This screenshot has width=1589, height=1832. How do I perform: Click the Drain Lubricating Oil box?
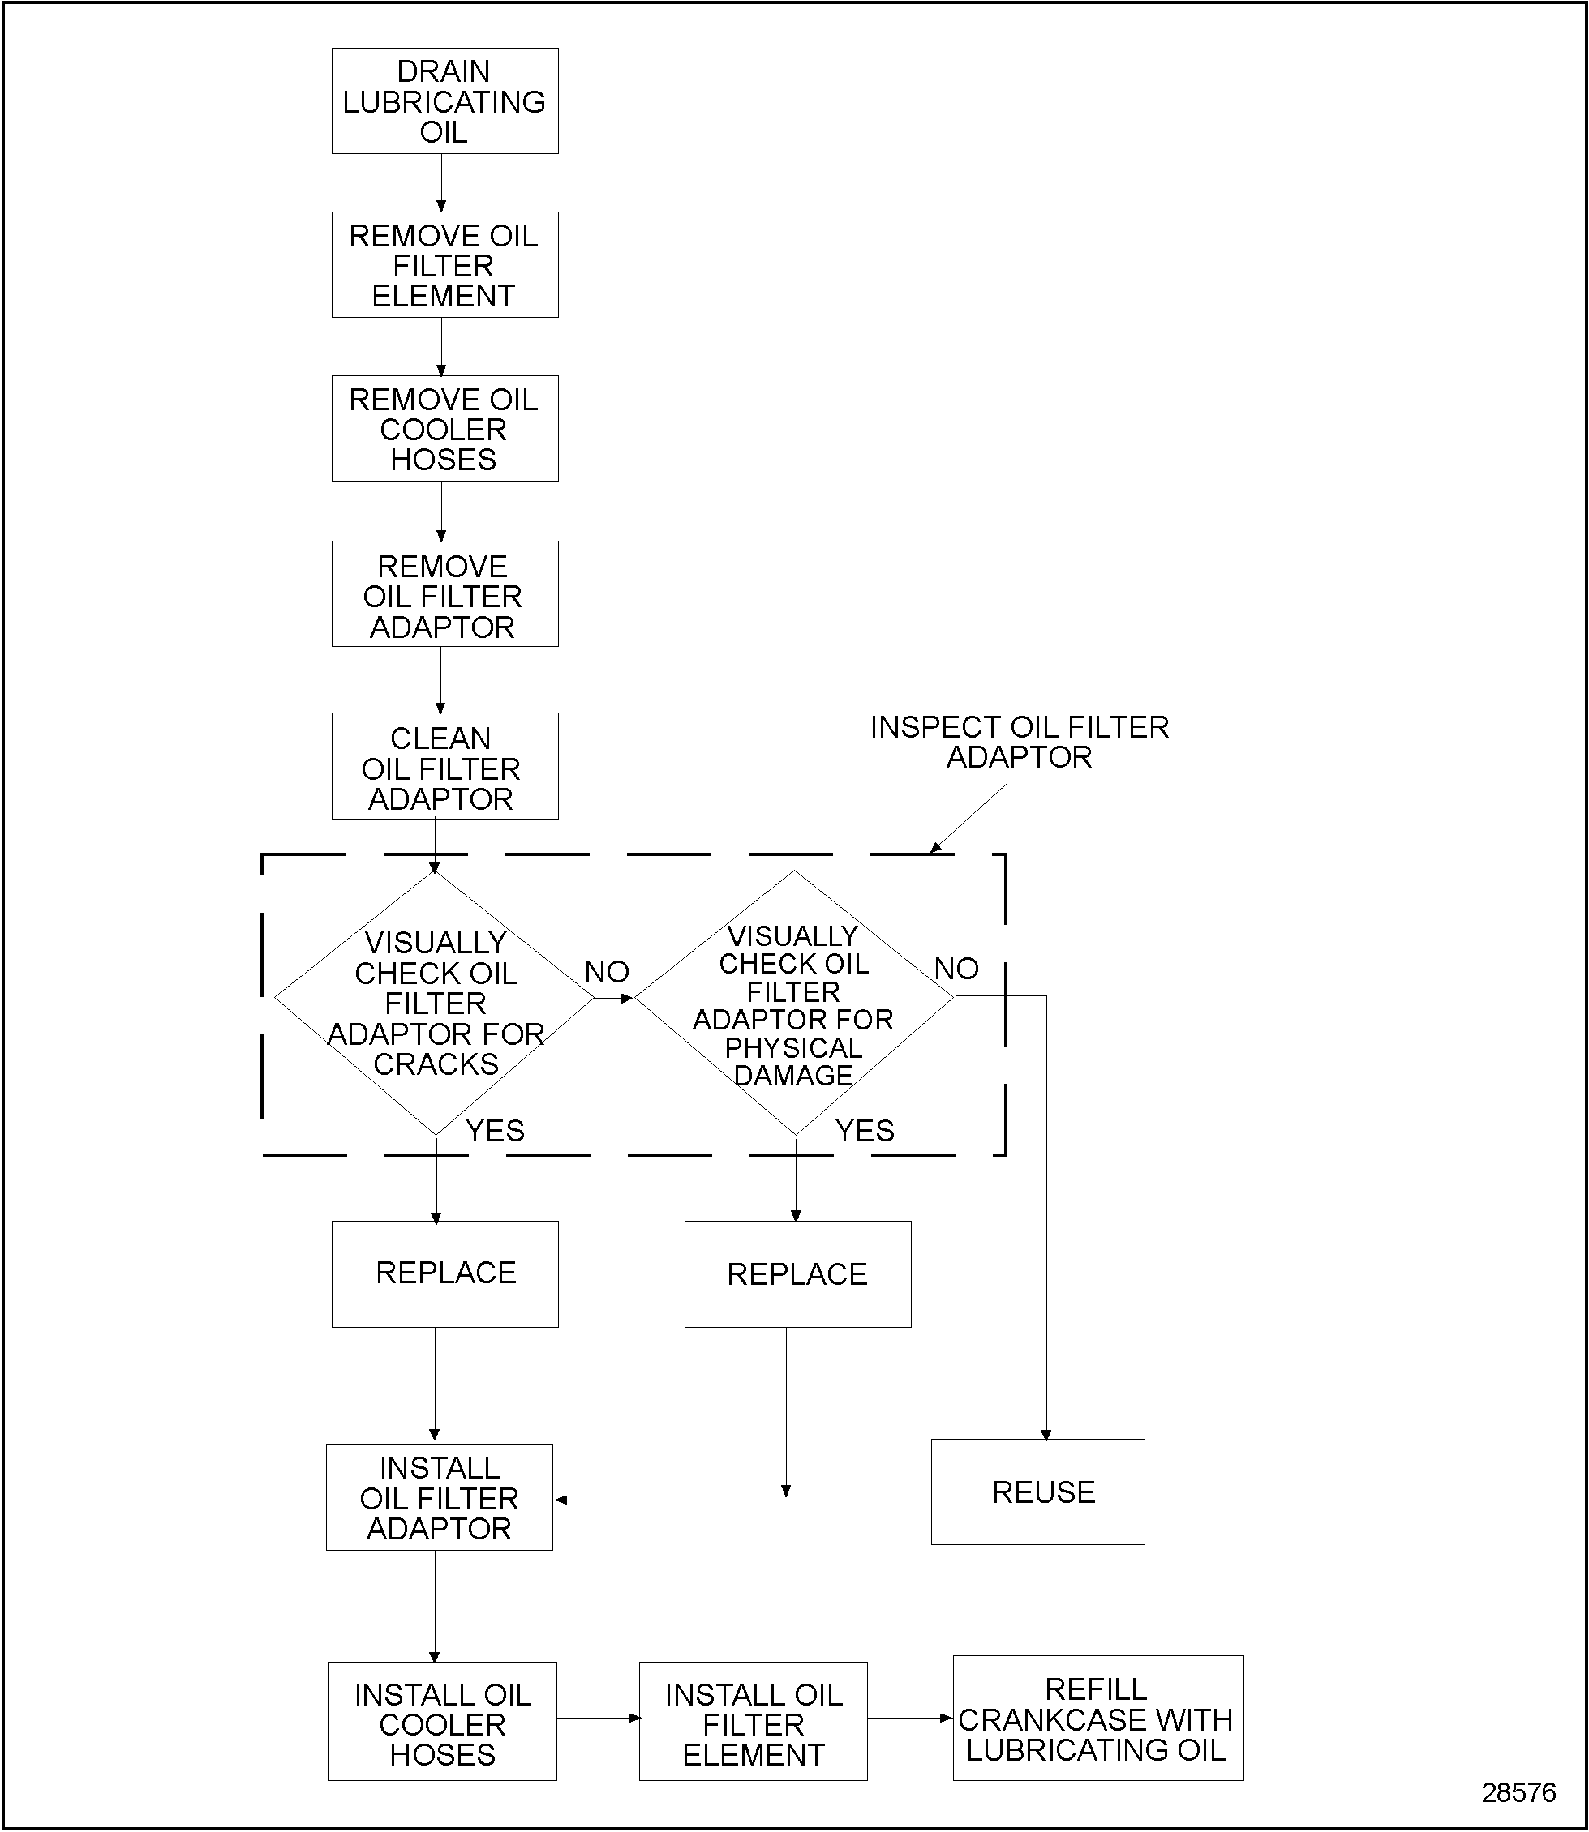tap(444, 101)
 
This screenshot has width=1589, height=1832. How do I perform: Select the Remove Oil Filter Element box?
tap(444, 265)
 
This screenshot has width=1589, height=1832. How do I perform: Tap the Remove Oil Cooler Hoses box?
tap(444, 429)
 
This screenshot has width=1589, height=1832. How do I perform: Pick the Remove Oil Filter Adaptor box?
tap(444, 595)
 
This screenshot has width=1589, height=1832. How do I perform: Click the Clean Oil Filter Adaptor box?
tap(444, 767)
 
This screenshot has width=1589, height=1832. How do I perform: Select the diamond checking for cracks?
tap(435, 1003)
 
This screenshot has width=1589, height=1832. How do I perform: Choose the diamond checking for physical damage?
tap(793, 1004)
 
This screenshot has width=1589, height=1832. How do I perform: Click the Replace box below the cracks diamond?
tap(444, 1273)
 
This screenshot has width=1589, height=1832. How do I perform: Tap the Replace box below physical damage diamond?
tap(797, 1274)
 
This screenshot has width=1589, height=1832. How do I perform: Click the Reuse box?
tap(1037, 1492)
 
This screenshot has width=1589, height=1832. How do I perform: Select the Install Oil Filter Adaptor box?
tap(439, 1498)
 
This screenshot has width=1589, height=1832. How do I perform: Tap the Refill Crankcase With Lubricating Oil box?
tap(1097, 1720)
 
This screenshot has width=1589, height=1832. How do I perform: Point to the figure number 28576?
tap(1518, 1792)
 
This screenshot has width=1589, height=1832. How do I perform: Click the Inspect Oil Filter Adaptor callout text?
tap(1019, 742)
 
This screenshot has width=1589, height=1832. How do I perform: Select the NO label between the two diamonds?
tap(607, 972)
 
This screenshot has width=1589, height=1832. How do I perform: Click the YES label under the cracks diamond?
tap(495, 1131)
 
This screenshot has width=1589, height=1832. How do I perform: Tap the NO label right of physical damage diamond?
tap(956, 969)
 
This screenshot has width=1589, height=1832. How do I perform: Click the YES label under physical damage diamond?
tap(865, 1131)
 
